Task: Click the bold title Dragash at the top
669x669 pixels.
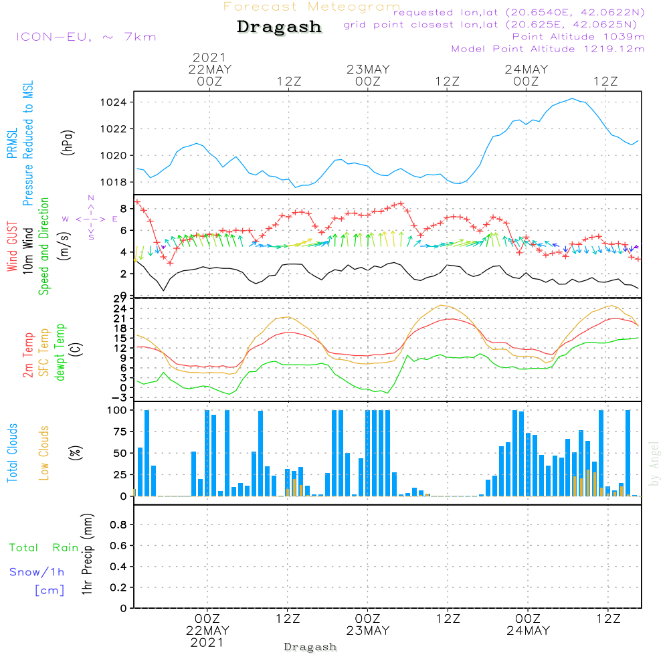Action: tap(279, 27)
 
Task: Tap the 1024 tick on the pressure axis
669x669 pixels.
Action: tap(113, 102)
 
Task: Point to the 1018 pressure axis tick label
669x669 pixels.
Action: tap(113, 182)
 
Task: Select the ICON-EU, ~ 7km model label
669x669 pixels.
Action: tap(86, 37)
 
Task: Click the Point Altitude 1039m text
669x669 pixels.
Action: tap(578, 37)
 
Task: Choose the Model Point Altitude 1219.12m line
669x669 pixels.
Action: tap(548, 49)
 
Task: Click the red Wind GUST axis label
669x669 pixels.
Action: tap(12, 246)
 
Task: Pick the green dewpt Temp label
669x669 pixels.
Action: tap(60, 352)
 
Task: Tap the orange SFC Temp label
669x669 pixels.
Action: tap(44, 353)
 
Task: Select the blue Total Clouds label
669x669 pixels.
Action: tap(12, 453)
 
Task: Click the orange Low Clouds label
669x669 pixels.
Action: tap(44, 453)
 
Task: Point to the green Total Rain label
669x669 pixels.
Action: tap(44, 548)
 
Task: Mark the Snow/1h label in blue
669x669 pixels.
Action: tap(37, 572)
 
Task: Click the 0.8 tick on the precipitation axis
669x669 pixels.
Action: tap(118, 524)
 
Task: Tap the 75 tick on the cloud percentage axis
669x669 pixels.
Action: tap(120, 432)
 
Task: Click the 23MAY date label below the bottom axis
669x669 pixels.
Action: tap(368, 631)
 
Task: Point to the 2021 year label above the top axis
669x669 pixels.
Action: tap(209, 57)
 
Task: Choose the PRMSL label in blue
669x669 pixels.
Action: tap(12, 143)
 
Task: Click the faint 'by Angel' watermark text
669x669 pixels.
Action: tap(654, 464)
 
